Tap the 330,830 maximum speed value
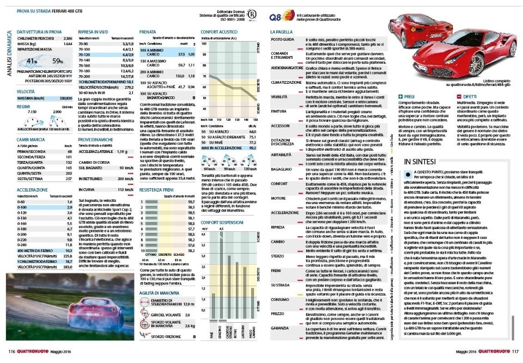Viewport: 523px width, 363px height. click(x=65, y=97)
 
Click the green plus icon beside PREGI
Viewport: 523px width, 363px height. click(x=402, y=96)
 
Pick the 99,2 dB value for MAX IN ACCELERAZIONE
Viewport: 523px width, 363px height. click(x=252, y=147)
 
